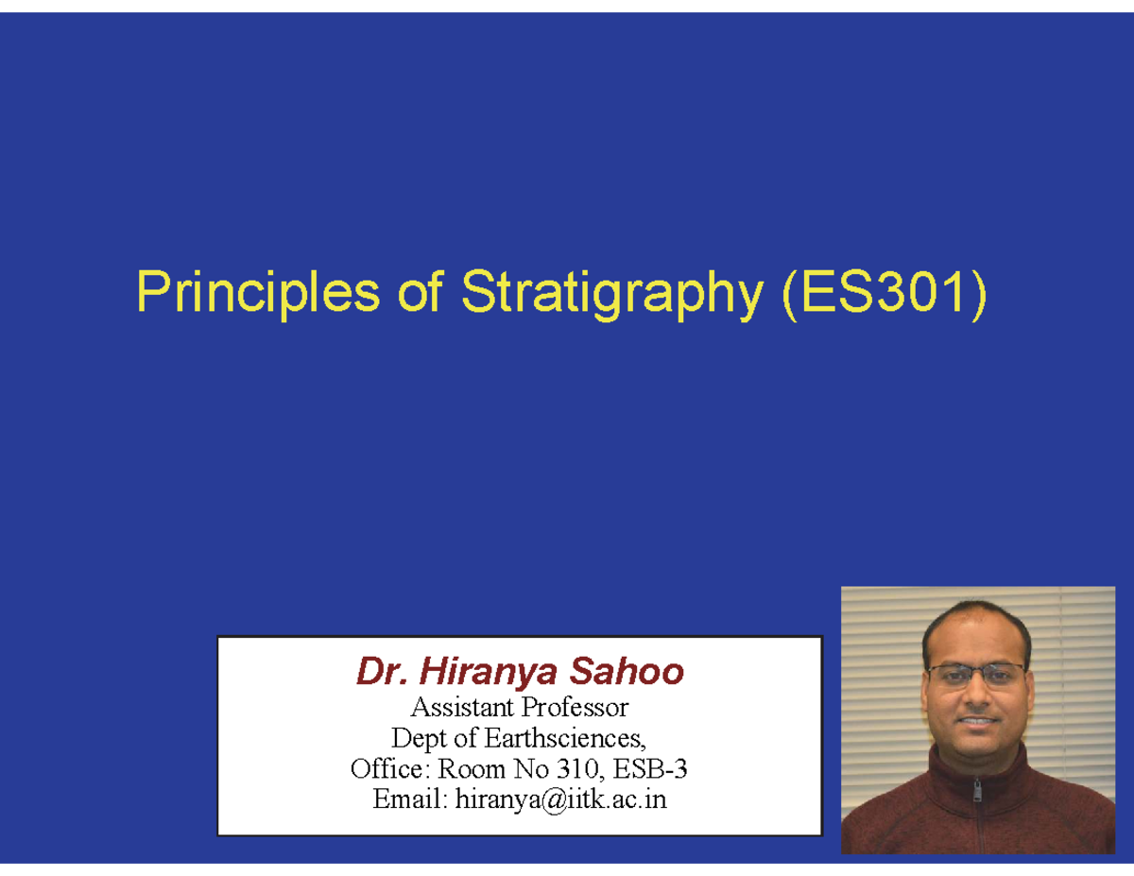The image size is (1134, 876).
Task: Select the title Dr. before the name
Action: pos(381,673)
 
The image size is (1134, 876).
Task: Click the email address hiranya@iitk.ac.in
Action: pos(560,800)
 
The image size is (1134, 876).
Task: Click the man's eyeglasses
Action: pos(975,674)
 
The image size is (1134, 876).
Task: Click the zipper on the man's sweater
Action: pos(979,799)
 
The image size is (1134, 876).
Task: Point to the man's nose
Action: pos(976,695)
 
